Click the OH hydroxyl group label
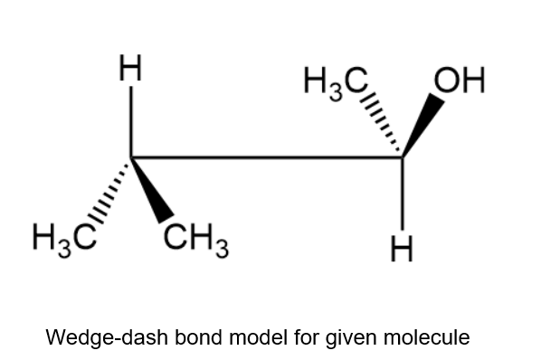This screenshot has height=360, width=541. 460,80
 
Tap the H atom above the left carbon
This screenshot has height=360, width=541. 130,68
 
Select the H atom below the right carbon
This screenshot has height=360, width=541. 402,249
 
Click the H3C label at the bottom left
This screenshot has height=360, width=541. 64,238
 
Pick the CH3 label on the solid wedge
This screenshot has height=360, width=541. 195,238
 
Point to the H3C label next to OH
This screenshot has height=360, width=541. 336,82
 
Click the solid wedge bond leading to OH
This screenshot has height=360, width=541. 422,124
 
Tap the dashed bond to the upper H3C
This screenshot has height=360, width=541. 381,123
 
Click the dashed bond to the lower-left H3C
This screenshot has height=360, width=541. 109,193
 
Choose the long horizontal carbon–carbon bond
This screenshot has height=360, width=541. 266,157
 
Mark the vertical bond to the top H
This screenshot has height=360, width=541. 131,122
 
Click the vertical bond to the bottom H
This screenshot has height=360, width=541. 403,194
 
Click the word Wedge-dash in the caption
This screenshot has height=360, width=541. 107,337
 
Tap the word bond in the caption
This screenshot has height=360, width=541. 198,336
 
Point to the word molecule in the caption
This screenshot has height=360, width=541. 426,336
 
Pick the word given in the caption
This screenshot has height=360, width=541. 350,338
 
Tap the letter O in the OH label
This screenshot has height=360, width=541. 446,80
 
